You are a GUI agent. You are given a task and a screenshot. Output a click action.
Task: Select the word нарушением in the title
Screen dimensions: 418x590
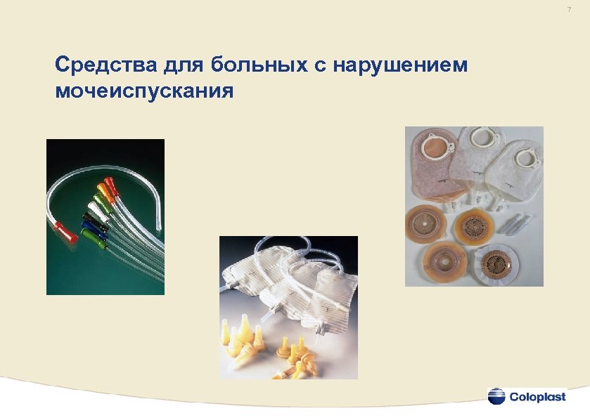pos(400,66)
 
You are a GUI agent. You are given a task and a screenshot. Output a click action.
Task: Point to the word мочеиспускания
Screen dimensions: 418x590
pos(143,91)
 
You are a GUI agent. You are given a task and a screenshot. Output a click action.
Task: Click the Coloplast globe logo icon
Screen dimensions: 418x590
pos(496,396)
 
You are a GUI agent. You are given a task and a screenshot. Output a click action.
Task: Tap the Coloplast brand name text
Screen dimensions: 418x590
pos(538,397)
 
